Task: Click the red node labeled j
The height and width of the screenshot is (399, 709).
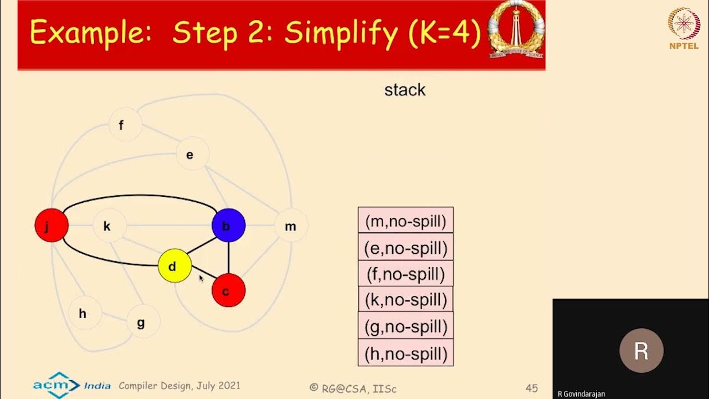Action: pyautogui.click(x=52, y=226)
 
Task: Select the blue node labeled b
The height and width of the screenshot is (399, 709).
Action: pyautogui.click(x=228, y=226)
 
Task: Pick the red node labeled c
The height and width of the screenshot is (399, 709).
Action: pyautogui.click(x=228, y=290)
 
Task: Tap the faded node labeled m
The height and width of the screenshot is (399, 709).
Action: pyautogui.click(x=291, y=226)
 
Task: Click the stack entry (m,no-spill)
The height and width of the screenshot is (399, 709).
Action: pyautogui.click(x=405, y=221)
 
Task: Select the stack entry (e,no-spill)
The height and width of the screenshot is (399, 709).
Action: pyautogui.click(x=405, y=247)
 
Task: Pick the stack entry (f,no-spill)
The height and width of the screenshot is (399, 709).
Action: pyautogui.click(x=405, y=274)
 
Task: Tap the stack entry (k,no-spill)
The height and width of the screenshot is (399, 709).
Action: pyautogui.click(x=405, y=300)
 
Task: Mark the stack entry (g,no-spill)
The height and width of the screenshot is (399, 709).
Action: pyautogui.click(x=405, y=326)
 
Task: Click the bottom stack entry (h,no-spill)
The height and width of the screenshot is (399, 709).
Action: pyautogui.click(x=405, y=353)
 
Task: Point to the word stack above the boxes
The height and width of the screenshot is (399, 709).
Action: pyautogui.click(x=405, y=90)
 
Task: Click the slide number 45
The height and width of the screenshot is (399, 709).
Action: pyautogui.click(x=531, y=388)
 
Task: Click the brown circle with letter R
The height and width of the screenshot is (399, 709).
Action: pyautogui.click(x=641, y=351)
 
